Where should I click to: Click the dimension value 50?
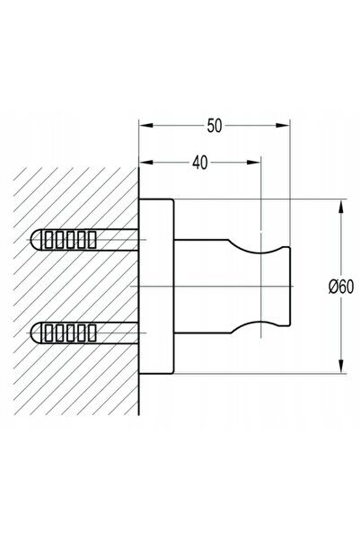click(x=215, y=126)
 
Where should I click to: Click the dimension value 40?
click(x=200, y=163)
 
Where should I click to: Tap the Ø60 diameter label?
click(x=341, y=287)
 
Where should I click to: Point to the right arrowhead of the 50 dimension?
click(x=283, y=126)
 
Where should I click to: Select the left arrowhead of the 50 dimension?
click(x=146, y=126)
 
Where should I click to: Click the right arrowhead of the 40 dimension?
click(x=254, y=163)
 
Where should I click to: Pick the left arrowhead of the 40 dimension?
click(x=146, y=163)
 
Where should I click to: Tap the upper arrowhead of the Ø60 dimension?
click(x=341, y=207)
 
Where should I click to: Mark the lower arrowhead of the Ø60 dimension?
click(x=341, y=366)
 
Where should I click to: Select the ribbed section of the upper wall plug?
click(x=69, y=240)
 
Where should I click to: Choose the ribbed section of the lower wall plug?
click(x=69, y=332)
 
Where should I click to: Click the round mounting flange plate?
click(x=156, y=287)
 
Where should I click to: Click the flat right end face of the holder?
click(x=290, y=287)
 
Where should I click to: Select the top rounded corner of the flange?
click(x=172, y=201)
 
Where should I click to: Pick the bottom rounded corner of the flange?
click(x=172, y=372)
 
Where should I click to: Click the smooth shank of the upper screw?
click(x=118, y=240)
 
